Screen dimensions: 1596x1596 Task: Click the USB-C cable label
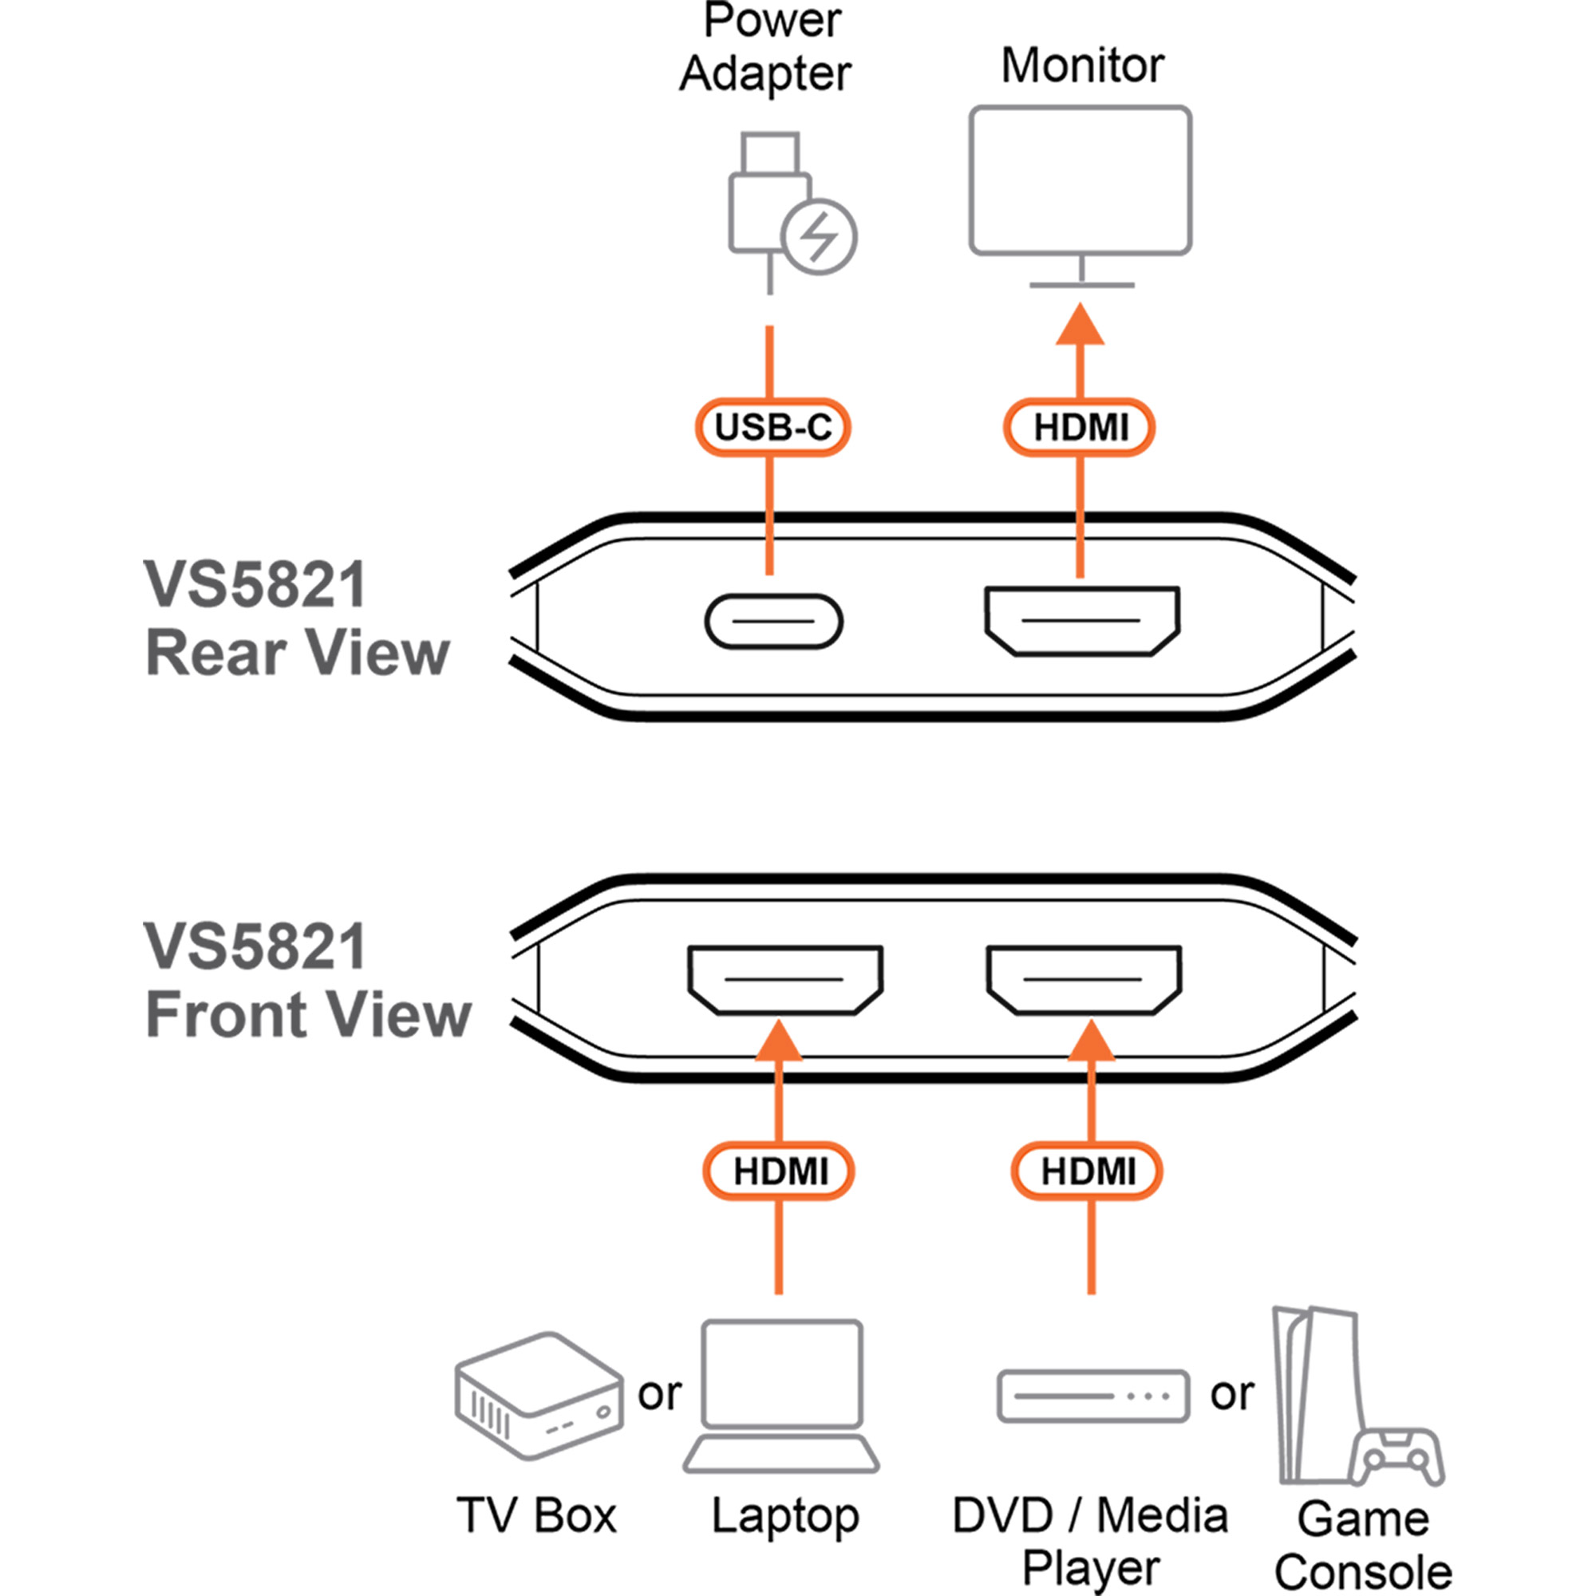pyautogui.click(x=772, y=427)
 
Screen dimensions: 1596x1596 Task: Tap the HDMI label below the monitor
pyautogui.click(x=1080, y=427)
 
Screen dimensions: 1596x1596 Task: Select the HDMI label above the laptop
pyautogui.click(x=779, y=1171)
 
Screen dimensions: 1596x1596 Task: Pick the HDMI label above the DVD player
pyautogui.click(x=1087, y=1171)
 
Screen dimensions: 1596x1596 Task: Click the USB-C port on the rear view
pyautogui.click(x=773, y=621)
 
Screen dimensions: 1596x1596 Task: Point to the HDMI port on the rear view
pyautogui.click(x=1081, y=621)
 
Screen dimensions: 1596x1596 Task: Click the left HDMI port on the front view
pyautogui.click(x=784, y=980)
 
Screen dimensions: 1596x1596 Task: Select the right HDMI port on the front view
pyautogui.click(x=1084, y=980)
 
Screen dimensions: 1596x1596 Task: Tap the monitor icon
pyautogui.click(x=1080, y=182)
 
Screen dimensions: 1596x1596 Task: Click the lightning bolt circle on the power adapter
pyautogui.click(x=819, y=237)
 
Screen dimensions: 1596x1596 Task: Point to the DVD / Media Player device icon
pyautogui.click(x=1093, y=1396)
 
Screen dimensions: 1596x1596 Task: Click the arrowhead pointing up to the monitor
pyautogui.click(x=1080, y=324)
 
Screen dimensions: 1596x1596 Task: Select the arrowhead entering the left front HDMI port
pyautogui.click(x=778, y=1040)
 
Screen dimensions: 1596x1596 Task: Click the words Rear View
pyautogui.click(x=298, y=653)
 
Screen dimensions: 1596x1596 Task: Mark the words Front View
pyautogui.click(x=307, y=1014)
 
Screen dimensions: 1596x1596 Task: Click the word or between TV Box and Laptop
pyautogui.click(x=659, y=1393)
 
